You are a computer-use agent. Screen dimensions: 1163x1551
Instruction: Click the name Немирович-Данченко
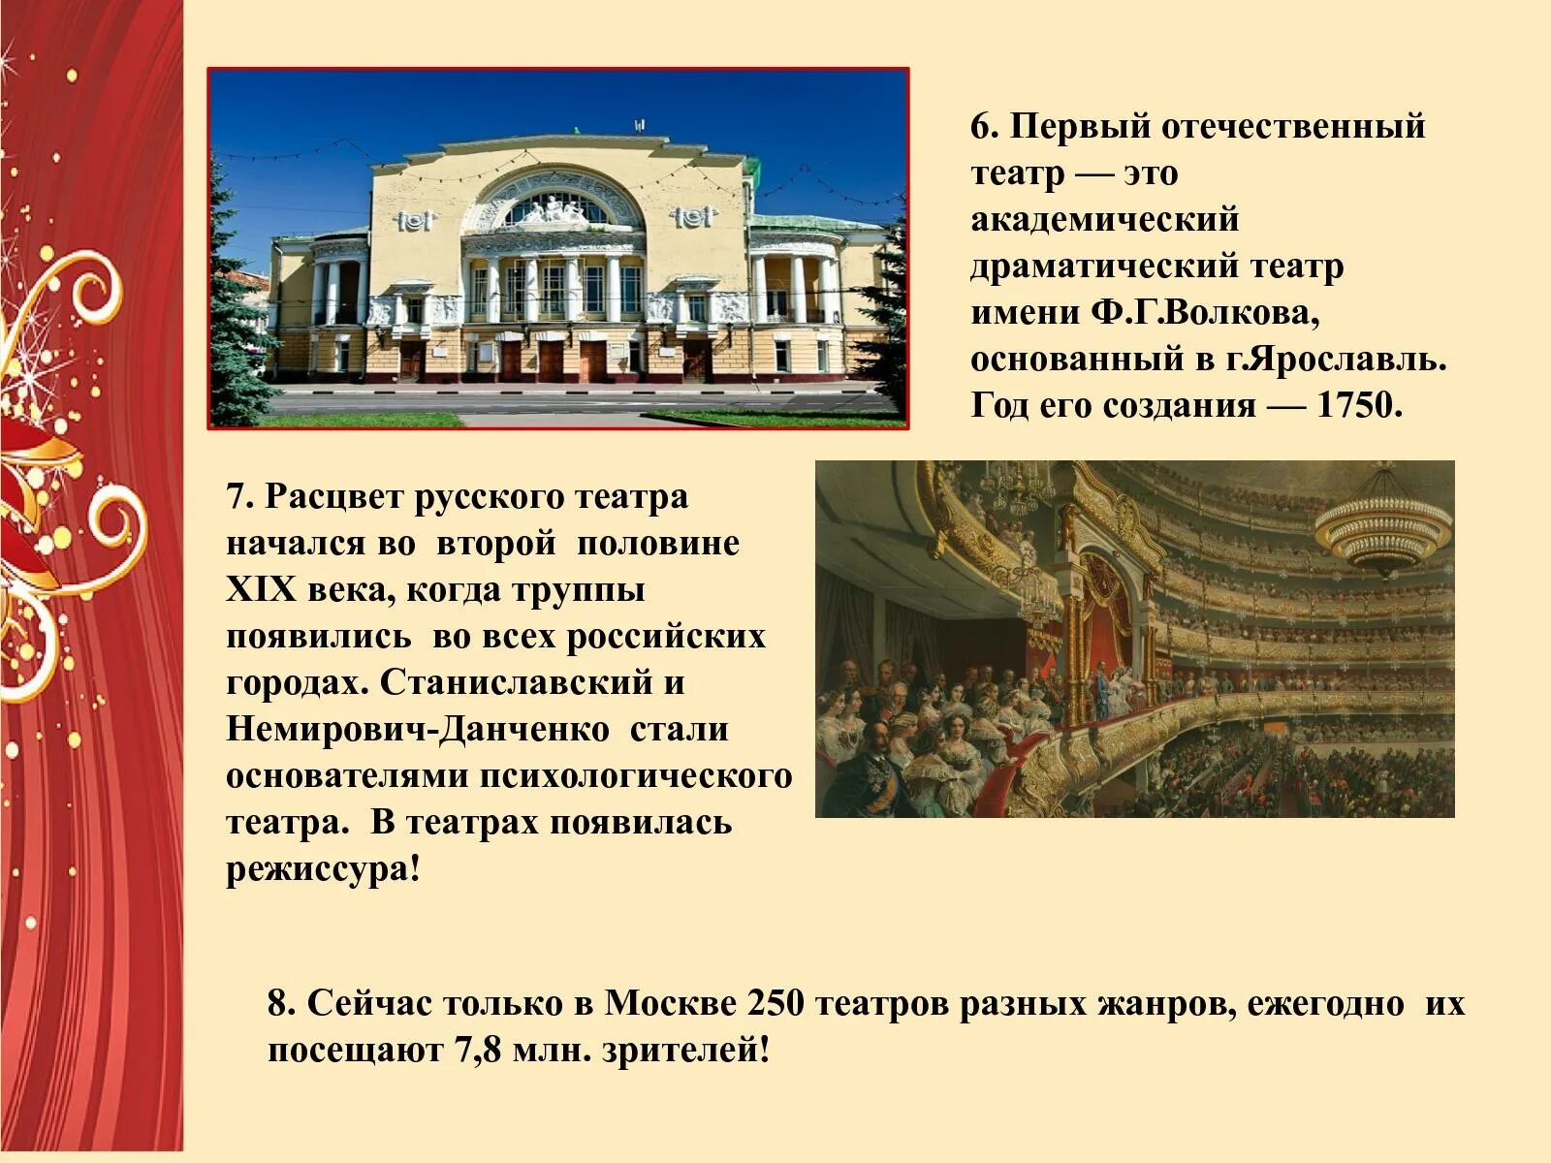pos(419,729)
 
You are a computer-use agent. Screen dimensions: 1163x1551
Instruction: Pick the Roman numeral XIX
pos(259,589)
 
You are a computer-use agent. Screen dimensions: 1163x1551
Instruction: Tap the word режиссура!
pos(324,869)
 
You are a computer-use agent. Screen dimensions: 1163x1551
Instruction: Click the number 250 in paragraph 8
pos(775,1004)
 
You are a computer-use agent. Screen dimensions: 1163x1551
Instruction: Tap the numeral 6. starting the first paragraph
pos(985,126)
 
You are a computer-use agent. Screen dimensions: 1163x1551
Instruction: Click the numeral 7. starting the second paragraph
pos(240,496)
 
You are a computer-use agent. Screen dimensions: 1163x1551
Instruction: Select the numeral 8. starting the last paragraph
pos(282,1004)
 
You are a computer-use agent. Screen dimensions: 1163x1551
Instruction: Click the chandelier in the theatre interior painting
pos(1382,528)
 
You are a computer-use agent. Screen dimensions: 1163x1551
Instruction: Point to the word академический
pos(1105,219)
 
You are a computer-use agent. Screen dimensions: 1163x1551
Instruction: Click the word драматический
pos(1103,266)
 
